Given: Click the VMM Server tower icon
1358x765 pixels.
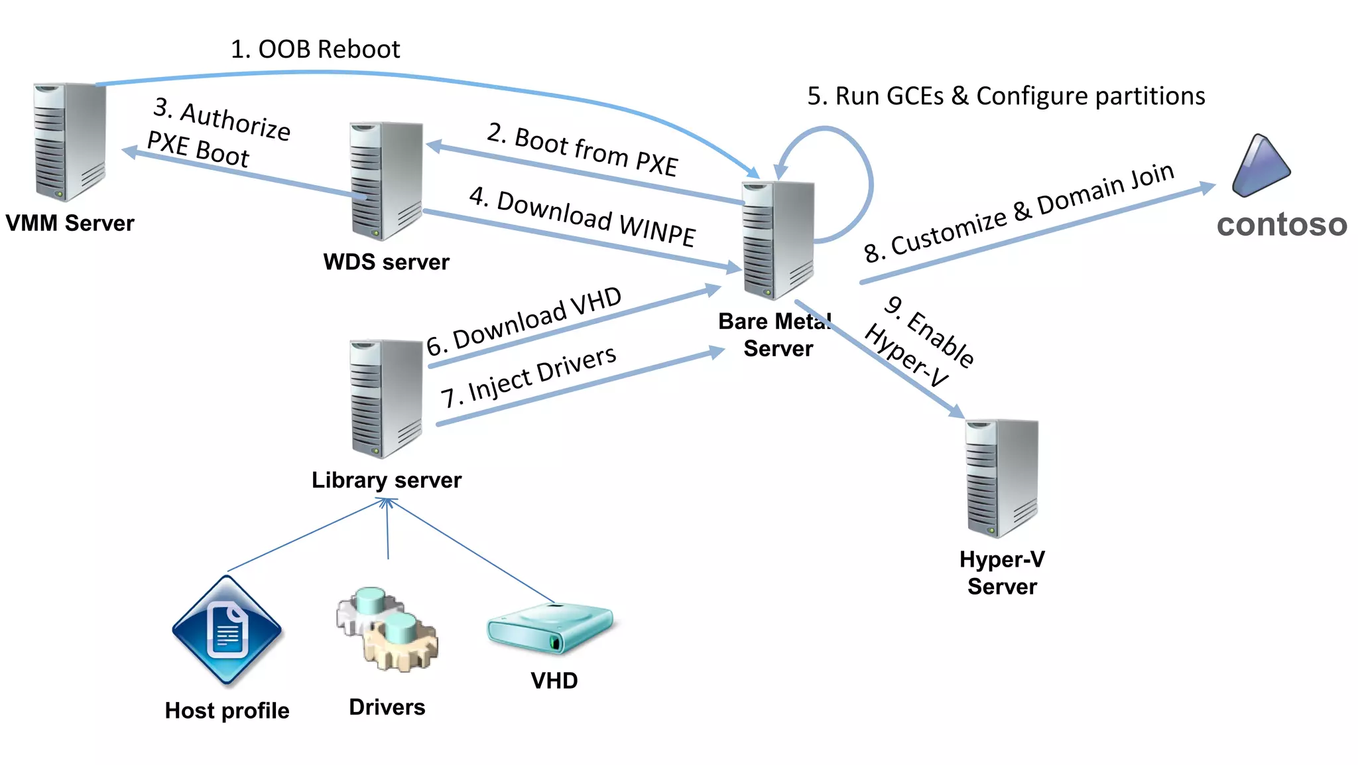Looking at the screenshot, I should tap(70, 141).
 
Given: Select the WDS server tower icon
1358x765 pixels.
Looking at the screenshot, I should tap(387, 180).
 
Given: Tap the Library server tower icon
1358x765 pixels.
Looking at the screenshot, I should tap(387, 398).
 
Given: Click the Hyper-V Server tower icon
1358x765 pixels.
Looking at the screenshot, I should tap(1002, 478).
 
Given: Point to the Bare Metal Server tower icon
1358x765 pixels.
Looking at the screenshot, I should tap(778, 240).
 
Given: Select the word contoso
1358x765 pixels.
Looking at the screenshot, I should tap(1281, 224).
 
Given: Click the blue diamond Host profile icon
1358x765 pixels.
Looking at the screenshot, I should tap(227, 630).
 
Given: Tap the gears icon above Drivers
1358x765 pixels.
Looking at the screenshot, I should tap(387, 629).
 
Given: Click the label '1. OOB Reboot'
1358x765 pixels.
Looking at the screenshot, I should tap(315, 50).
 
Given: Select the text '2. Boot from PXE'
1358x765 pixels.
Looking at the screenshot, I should tap(582, 150).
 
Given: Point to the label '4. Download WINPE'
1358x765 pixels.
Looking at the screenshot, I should tap(582, 218).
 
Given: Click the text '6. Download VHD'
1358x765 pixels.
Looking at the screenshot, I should tap(524, 321).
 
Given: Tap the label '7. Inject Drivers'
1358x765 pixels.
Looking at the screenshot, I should tap(528, 377).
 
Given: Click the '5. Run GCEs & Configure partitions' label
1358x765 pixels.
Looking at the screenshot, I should tap(1006, 96).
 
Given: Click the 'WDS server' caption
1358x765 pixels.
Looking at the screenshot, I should tap(387, 262).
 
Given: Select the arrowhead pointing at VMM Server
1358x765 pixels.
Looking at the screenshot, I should tap(130, 152).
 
